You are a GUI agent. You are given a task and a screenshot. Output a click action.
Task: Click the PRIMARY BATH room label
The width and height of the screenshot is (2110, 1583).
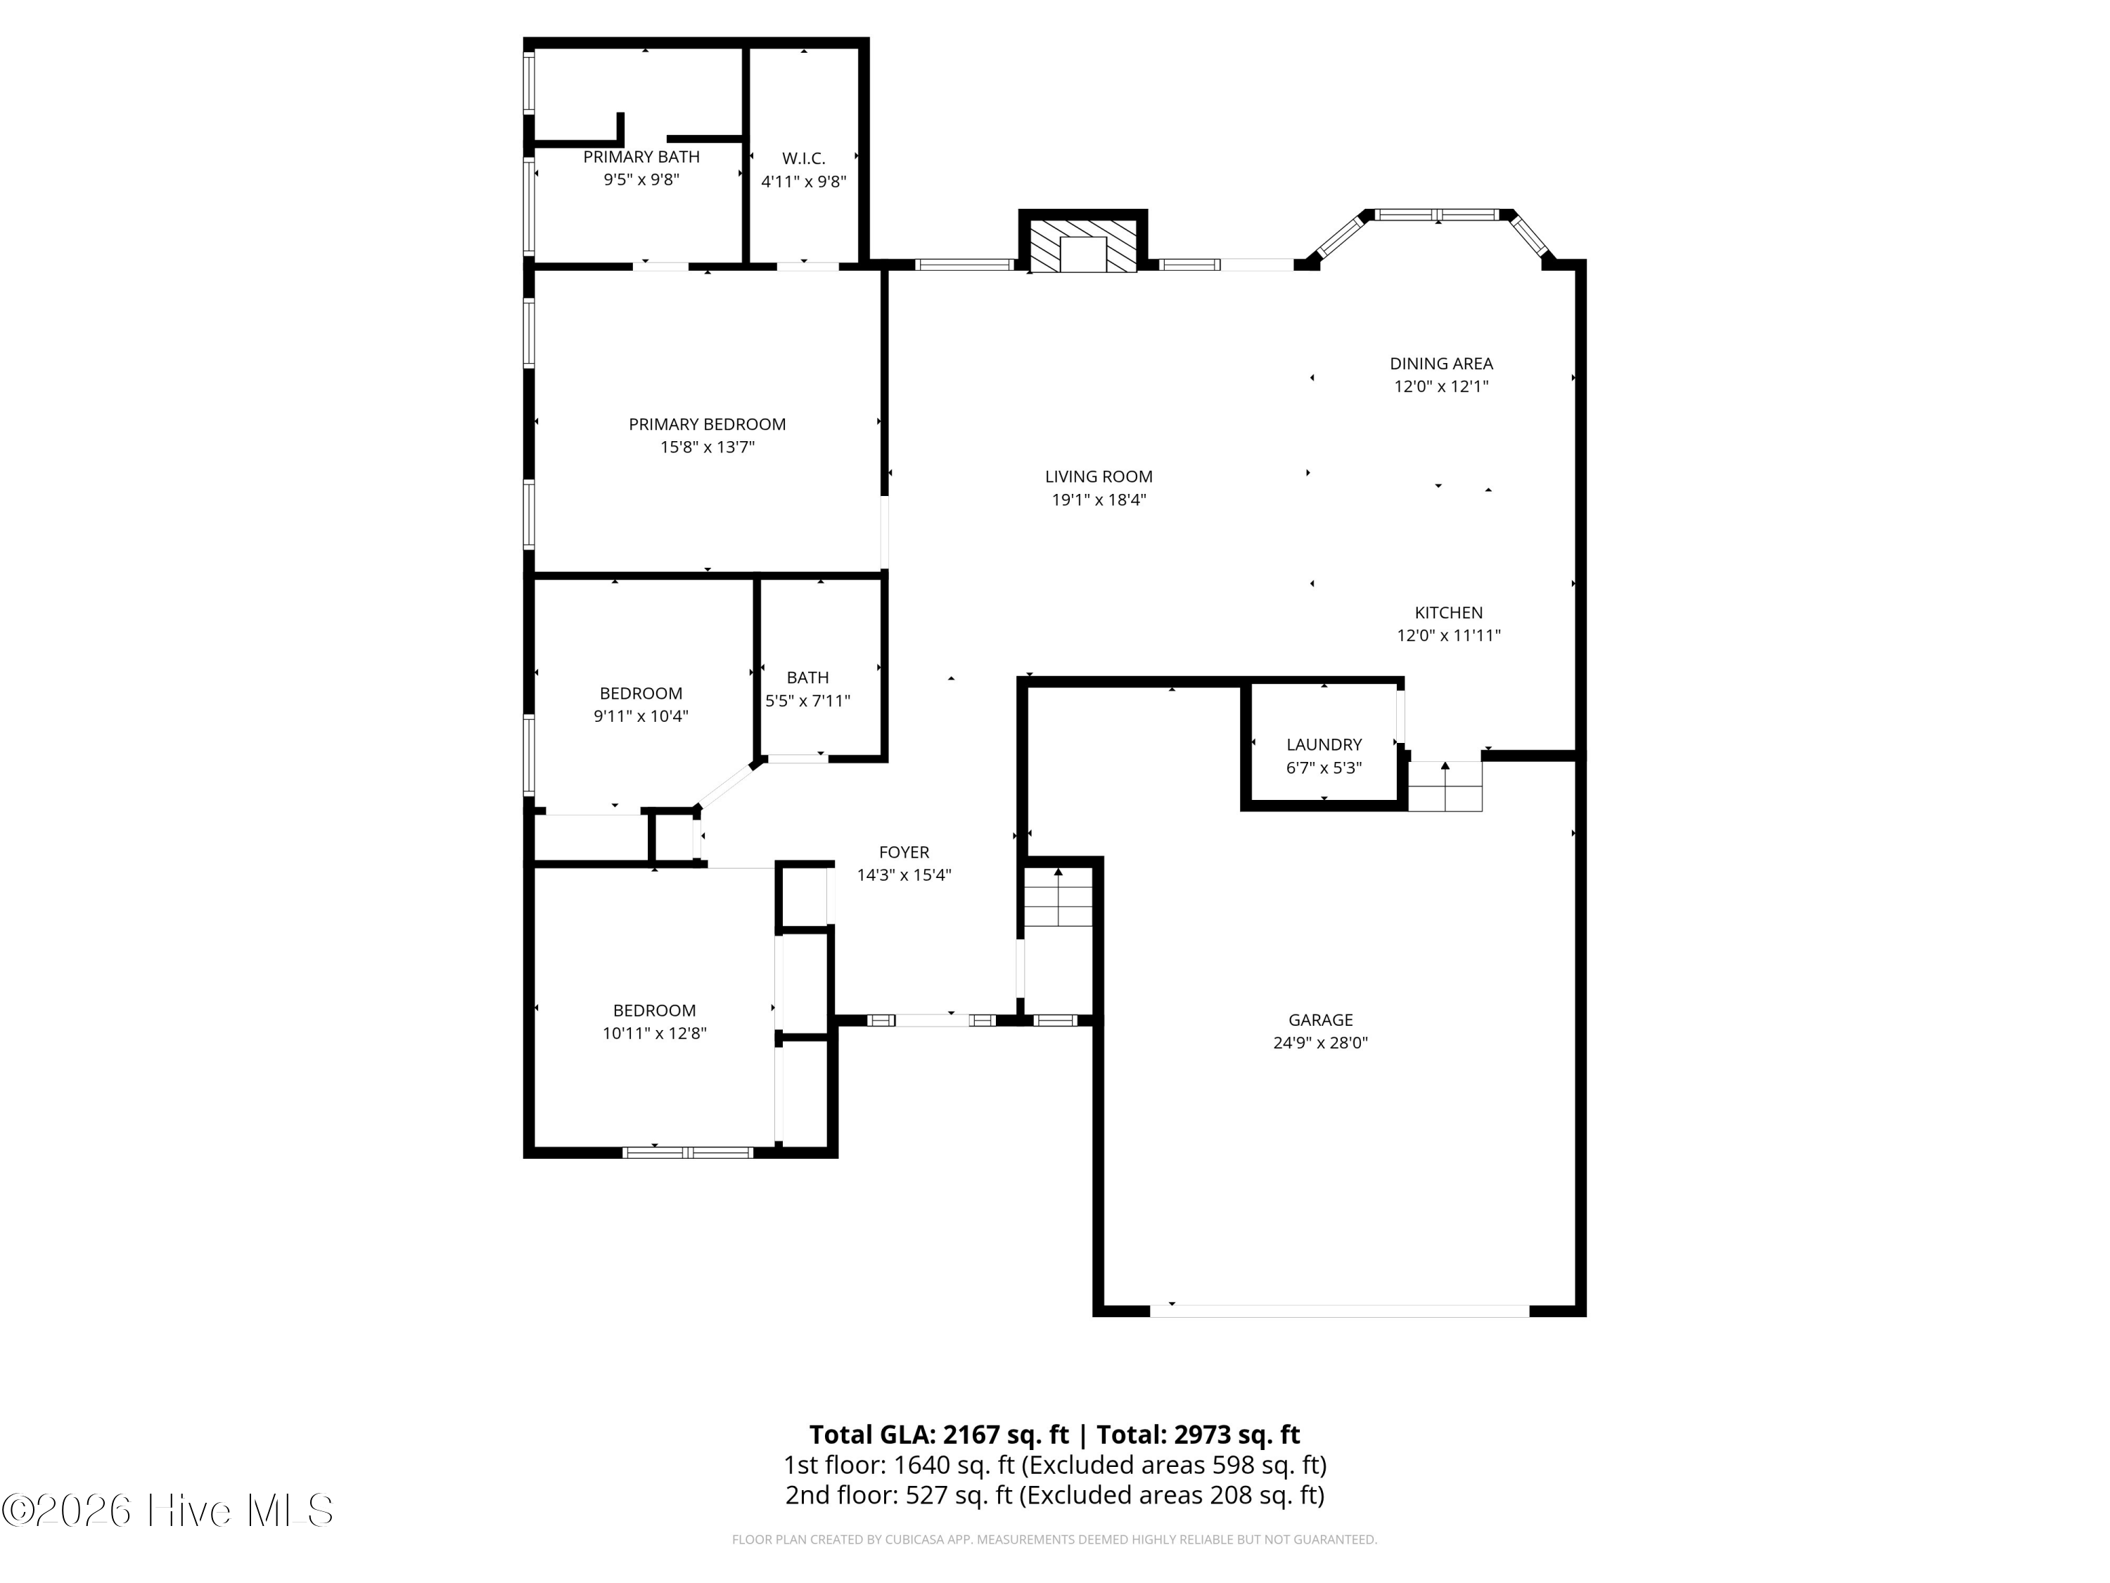[641, 156]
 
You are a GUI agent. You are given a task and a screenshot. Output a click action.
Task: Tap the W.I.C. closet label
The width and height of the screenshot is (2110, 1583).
[803, 158]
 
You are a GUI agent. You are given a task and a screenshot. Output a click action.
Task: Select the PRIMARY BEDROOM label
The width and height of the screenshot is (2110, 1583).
[707, 424]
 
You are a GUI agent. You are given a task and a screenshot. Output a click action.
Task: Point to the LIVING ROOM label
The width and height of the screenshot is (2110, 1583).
[1099, 476]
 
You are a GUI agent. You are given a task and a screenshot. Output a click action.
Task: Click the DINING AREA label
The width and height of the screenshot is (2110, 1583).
[1440, 364]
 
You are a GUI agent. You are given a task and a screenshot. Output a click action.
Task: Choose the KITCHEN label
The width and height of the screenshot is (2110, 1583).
[1448, 613]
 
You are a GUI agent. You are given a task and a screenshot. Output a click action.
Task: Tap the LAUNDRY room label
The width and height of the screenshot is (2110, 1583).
[1324, 744]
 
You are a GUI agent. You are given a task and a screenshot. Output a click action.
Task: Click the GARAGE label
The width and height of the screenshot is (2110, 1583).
[1320, 1020]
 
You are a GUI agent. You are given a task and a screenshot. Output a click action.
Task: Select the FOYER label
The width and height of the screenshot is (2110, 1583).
[903, 852]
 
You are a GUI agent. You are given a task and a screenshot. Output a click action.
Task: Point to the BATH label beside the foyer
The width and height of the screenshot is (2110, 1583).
[807, 678]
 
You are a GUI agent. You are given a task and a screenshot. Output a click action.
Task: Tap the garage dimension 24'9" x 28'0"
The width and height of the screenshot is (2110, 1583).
[1320, 1043]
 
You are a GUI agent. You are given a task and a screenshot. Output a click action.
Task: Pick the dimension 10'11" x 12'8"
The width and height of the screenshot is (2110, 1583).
[654, 1032]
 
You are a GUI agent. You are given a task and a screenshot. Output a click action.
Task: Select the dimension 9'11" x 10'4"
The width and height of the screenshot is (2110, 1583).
[641, 716]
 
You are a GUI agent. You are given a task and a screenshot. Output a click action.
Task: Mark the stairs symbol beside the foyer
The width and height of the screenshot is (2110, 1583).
[1058, 897]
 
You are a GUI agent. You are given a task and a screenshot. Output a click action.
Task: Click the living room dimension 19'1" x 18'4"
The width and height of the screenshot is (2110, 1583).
[1099, 499]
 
